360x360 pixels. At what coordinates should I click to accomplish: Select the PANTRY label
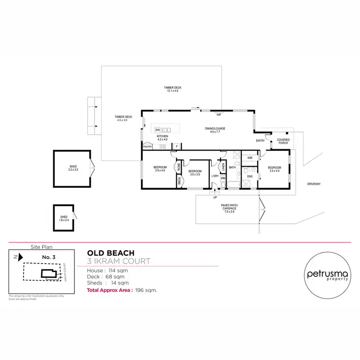pyautogui.click(x=147, y=147)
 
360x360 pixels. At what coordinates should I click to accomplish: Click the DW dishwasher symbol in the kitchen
pyautogui.click(x=157, y=130)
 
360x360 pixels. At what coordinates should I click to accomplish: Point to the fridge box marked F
pyautogui.click(x=177, y=146)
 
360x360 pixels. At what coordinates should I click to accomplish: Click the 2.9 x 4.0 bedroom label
pyautogui.click(x=159, y=169)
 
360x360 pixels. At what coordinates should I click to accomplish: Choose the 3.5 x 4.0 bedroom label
pyautogui.click(x=275, y=169)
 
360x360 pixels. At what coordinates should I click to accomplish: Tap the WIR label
pyautogui.click(x=250, y=157)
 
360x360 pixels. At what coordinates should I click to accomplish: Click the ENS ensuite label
pyautogui.click(x=250, y=177)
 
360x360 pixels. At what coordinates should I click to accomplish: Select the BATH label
pyautogui.click(x=232, y=168)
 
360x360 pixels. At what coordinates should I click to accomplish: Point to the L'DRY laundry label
pyautogui.click(x=215, y=176)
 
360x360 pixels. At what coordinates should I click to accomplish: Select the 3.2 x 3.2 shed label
pyautogui.click(x=72, y=168)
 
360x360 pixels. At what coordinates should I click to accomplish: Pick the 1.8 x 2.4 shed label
pyautogui.click(x=64, y=218)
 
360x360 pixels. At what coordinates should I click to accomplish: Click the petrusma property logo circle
pyautogui.click(x=325, y=276)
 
